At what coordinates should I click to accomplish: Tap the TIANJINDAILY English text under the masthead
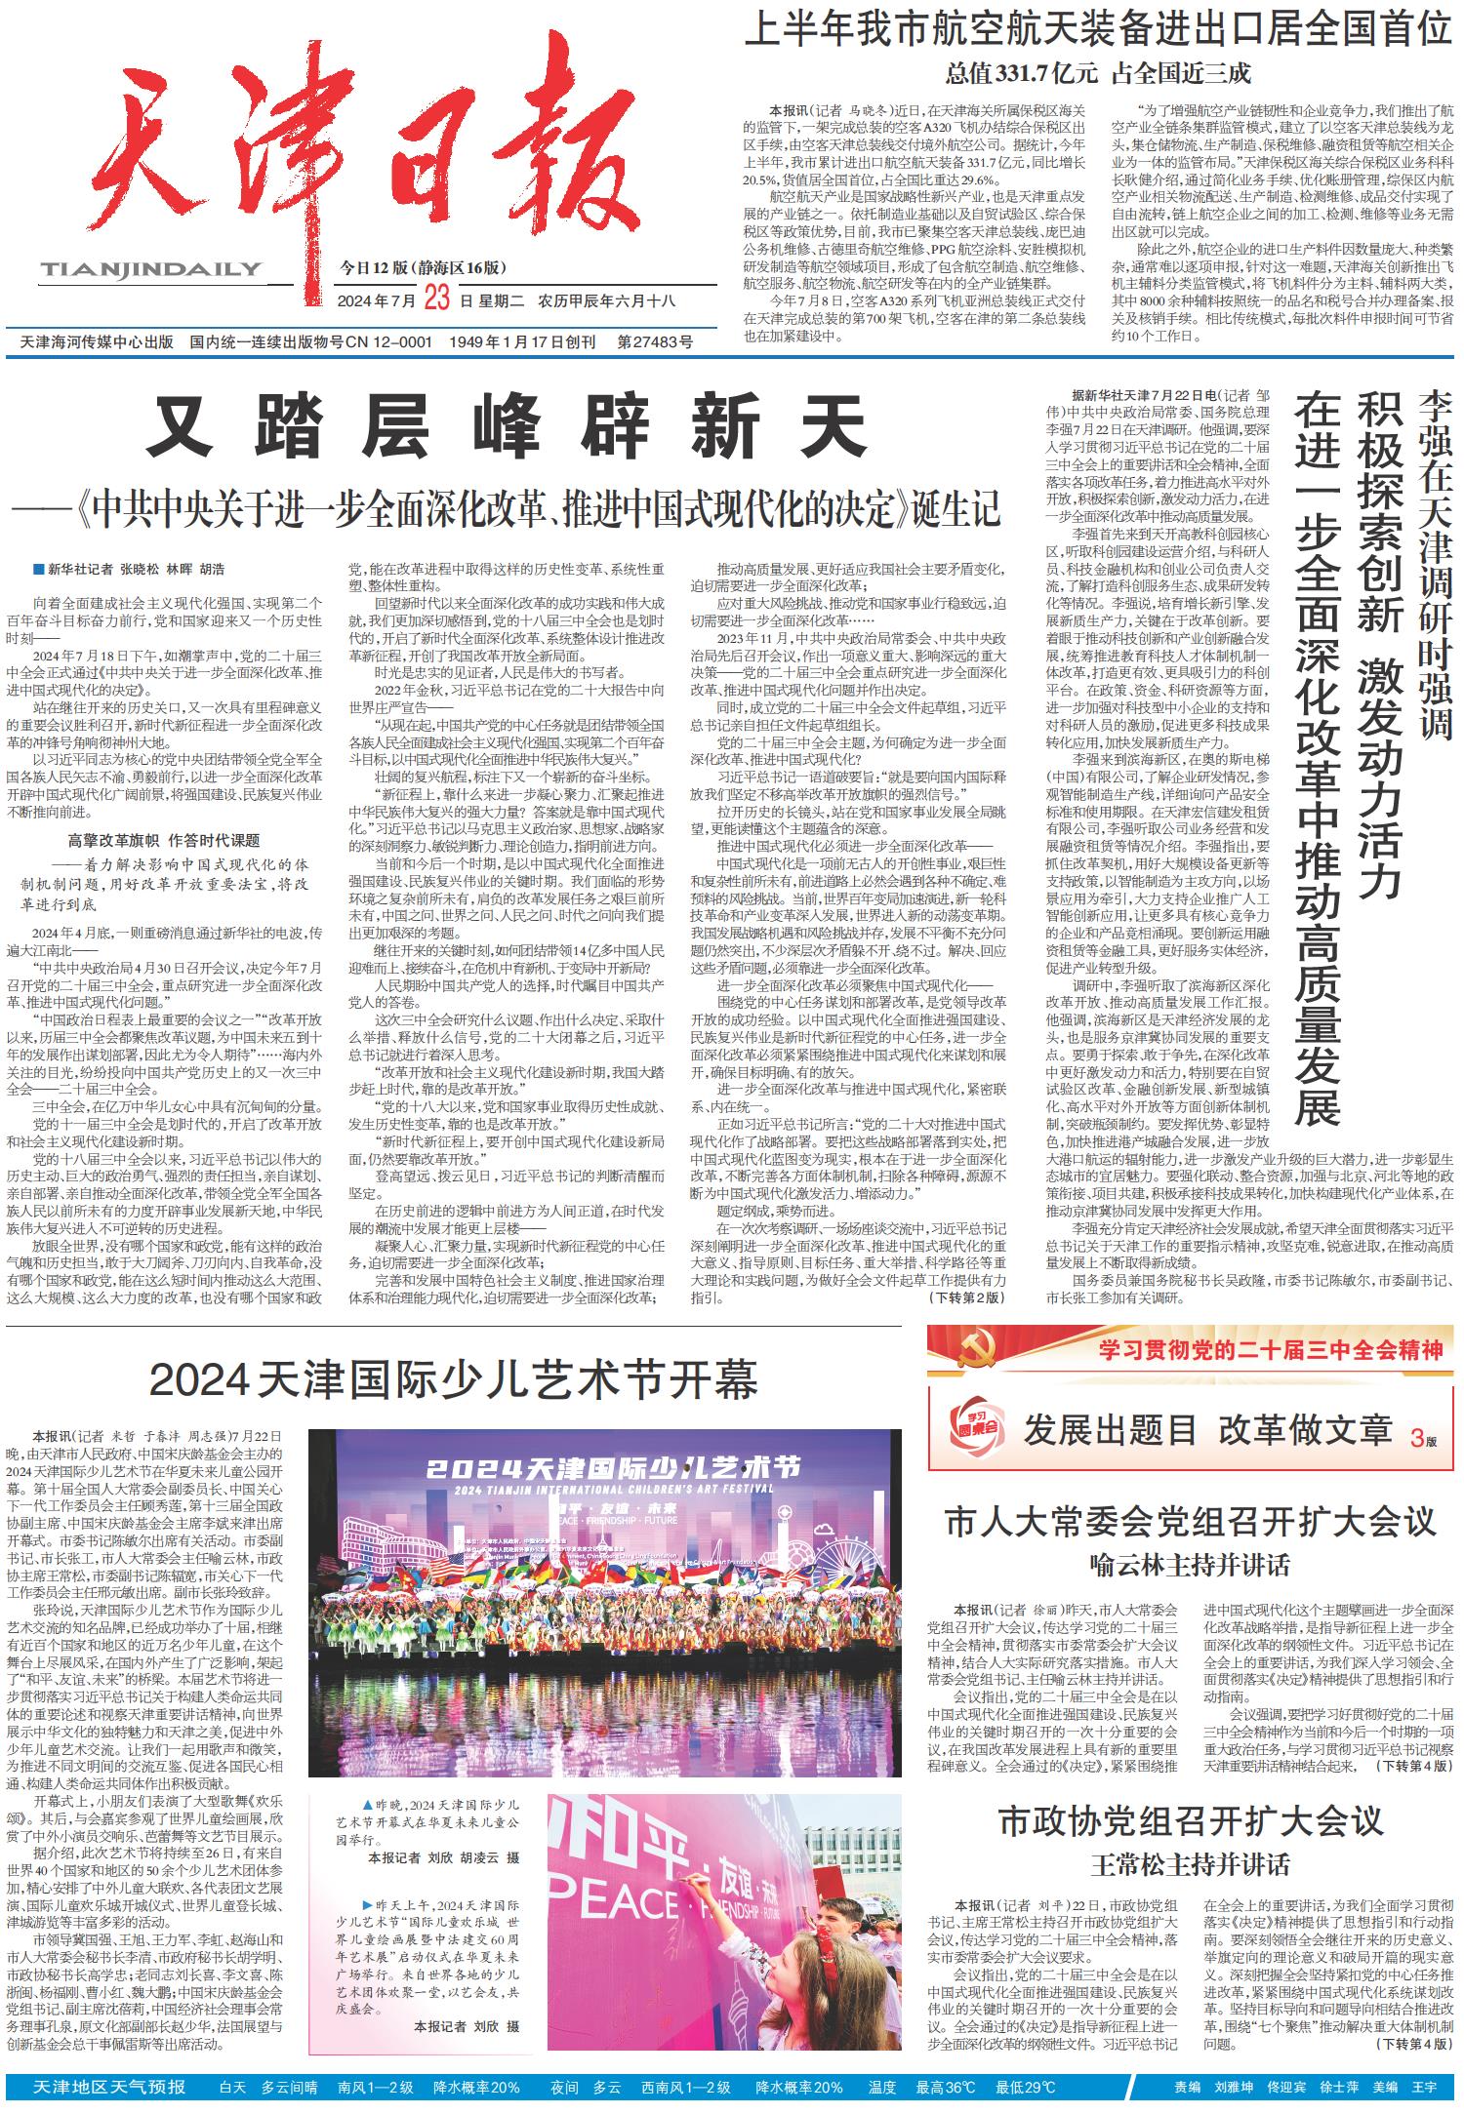click(151, 269)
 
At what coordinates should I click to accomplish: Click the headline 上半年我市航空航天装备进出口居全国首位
click(1097, 31)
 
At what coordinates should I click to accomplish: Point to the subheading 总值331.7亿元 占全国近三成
click(1097, 74)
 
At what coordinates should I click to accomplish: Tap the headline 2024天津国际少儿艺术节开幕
click(454, 1379)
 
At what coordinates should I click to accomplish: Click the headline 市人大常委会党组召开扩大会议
click(1191, 1522)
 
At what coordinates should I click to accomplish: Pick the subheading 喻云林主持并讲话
click(1190, 1566)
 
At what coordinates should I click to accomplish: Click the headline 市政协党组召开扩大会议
click(1191, 1821)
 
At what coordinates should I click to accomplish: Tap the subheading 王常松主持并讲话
click(1190, 1865)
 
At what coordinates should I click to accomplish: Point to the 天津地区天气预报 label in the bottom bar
click(109, 2087)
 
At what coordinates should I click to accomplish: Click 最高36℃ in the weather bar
click(945, 2088)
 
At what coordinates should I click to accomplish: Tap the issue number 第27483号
click(656, 342)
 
